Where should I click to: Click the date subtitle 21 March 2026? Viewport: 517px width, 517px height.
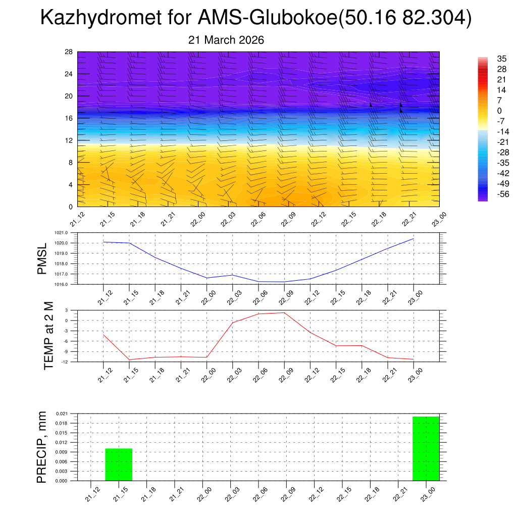click(x=226, y=40)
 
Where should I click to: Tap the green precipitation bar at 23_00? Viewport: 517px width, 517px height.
click(x=426, y=448)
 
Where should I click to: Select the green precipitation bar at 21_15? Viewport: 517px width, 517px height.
click(x=119, y=464)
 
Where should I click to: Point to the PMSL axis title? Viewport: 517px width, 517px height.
click(x=42, y=258)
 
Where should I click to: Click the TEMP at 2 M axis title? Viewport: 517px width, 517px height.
click(x=48, y=335)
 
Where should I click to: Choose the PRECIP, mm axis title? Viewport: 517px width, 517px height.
click(x=42, y=447)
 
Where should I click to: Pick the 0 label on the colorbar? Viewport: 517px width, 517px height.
click(x=499, y=111)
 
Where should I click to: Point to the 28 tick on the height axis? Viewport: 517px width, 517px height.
click(x=69, y=52)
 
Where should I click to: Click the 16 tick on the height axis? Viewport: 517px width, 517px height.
click(x=69, y=118)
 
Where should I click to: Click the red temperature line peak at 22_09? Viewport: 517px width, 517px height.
click(x=284, y=313)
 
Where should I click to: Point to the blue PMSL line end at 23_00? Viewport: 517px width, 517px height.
click(x=414, y=238)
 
